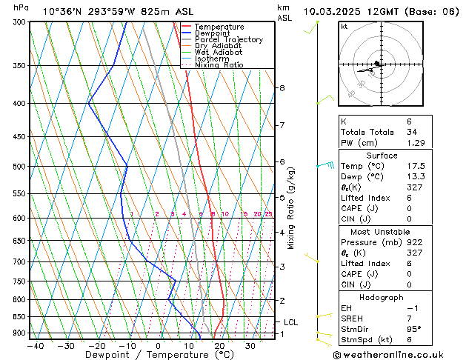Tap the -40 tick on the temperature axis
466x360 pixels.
pos(35,345)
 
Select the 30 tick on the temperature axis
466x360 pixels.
pos(250,345)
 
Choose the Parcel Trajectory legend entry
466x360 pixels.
pos(228,40)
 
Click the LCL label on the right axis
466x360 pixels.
pos(290,322)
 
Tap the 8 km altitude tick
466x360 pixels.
pos(282,88)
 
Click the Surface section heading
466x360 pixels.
pos(381,156)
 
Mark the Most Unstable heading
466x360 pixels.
pos(381,232)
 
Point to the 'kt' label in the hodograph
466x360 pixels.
pos(344,27)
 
